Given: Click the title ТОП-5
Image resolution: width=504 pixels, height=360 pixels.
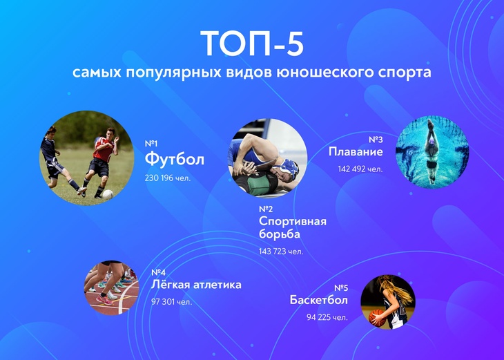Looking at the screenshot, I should point(252,43).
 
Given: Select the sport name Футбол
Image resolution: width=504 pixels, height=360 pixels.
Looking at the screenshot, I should point(175,159).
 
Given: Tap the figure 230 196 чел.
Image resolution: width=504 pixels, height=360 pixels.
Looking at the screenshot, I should point(168,178).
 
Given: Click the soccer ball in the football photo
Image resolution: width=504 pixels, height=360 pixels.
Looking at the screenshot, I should point(108,194).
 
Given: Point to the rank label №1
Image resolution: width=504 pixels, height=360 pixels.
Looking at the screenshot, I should point(151,143).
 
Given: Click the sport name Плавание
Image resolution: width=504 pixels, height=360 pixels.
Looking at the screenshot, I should point(356,152).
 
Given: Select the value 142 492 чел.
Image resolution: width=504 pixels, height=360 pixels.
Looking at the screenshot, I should point(360,169).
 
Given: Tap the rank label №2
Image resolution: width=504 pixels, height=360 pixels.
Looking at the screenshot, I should point(266,209).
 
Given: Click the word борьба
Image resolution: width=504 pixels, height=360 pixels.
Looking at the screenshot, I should point(280,234).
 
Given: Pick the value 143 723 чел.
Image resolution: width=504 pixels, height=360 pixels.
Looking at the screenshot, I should point(281,252).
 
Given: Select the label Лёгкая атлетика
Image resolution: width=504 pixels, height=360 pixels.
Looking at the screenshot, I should point(196,285).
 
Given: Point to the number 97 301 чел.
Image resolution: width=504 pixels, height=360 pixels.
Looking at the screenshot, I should point(171,301).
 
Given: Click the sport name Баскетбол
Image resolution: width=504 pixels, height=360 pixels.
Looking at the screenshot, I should point(319,301).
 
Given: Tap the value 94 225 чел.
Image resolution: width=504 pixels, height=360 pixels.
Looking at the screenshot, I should point(325,317).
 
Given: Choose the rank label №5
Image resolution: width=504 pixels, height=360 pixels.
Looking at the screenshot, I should point(340,287).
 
